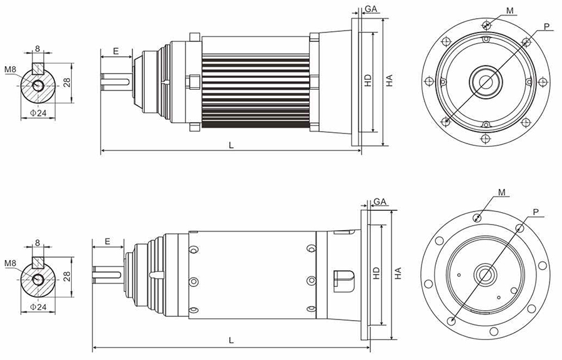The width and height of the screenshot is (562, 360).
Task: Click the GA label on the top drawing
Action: click(x=371, y=9)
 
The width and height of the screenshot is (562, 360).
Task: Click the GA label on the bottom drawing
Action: click(x=380, y=202)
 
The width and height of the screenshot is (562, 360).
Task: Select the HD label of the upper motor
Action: click(x=368, y=80)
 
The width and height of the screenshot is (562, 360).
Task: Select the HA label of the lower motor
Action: click(x=398, y=273)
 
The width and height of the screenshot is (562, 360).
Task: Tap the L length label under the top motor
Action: click(x=231, y=145)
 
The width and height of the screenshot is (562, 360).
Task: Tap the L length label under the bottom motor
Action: click(x=231, y=340)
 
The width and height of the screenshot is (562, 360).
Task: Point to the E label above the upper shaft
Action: click(x=116, y=51)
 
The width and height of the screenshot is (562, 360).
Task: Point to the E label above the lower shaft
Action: click(x=107, y=242)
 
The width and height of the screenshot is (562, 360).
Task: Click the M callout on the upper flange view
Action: click(x=510, y=11)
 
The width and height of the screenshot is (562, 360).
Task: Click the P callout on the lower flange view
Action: click(x=536, y=212)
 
